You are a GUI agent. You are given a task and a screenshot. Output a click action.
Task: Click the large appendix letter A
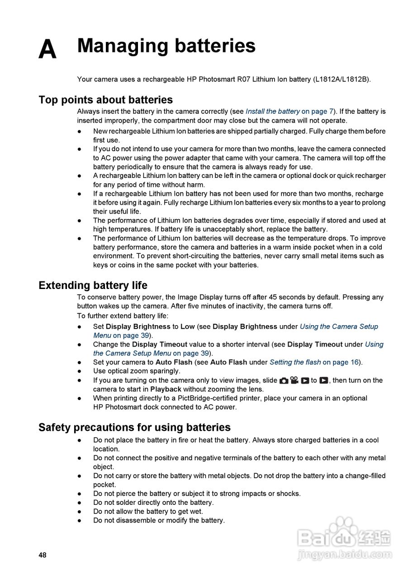point(47,49)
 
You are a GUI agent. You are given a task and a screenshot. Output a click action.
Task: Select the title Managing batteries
point(166,46)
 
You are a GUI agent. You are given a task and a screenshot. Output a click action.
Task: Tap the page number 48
point(43,555)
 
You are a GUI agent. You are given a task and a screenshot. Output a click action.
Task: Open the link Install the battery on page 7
point(289,112)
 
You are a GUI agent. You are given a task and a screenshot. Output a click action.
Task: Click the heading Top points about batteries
point(105,100)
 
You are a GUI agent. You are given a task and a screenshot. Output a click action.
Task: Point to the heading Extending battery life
point(93,285)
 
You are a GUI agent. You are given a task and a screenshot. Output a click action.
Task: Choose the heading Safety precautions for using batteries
point(134,428)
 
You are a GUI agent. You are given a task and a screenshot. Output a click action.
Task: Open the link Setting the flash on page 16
point(314,362)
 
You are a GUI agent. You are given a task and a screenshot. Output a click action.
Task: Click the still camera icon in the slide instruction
point(284,381)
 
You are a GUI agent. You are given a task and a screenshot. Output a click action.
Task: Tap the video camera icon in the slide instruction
point(294,381)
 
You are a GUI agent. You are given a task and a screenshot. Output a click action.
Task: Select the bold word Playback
point(166,389)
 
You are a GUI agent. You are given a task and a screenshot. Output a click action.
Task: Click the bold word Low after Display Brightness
point(187,326)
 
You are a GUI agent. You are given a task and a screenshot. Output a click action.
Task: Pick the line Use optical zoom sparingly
point(137,371)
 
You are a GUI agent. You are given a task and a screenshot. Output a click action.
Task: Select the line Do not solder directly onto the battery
point(153,503)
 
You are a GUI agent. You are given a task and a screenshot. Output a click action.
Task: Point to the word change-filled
point(361,476)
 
